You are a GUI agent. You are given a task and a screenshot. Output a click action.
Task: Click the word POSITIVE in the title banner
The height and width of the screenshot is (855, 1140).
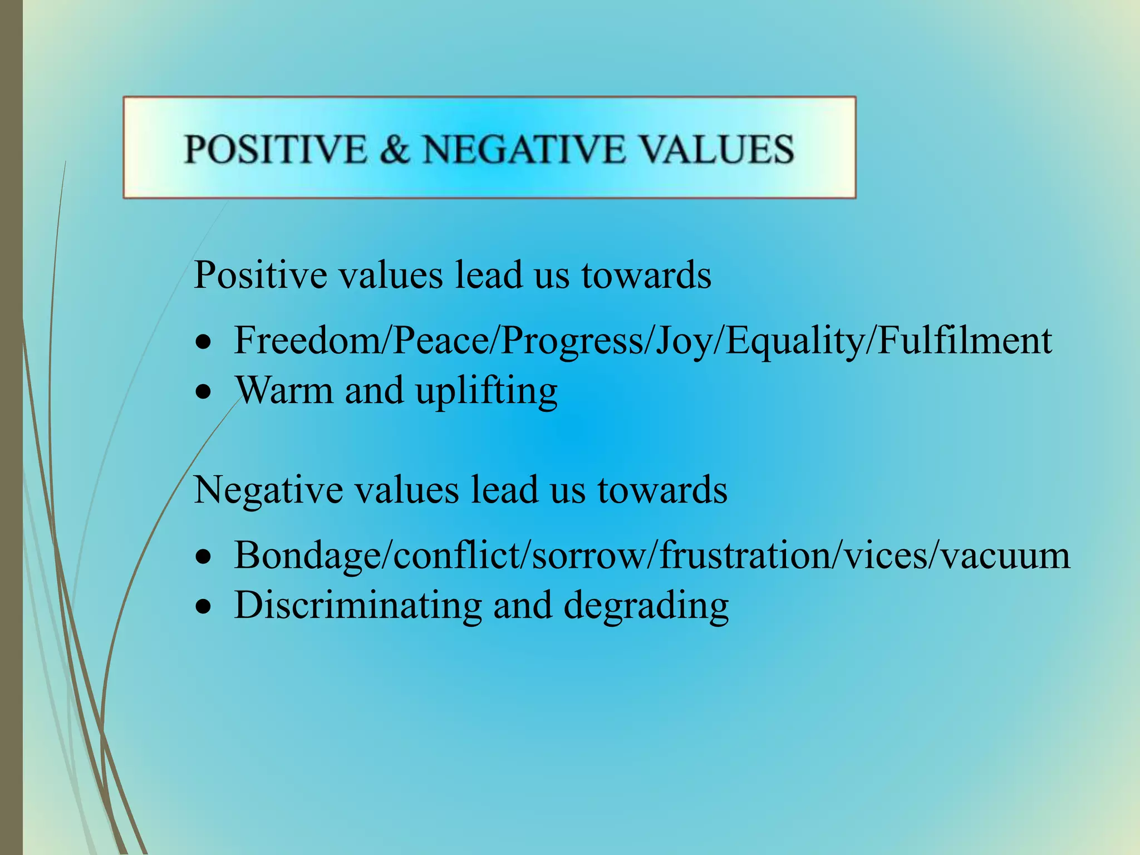(276, 149)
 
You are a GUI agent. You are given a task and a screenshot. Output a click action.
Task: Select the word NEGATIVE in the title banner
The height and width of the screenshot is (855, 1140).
(524, 149)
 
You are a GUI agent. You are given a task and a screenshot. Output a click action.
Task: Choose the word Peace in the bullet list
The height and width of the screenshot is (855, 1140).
(440, 340)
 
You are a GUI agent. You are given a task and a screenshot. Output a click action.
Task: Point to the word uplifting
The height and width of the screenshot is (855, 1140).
(487, 391)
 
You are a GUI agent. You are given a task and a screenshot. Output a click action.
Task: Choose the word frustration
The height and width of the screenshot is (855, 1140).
(746, 555)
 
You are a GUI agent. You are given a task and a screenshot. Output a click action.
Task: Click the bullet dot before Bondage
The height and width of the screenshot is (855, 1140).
(204, 556)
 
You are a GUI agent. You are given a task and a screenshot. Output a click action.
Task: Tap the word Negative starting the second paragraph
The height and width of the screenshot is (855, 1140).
(268, 490)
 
